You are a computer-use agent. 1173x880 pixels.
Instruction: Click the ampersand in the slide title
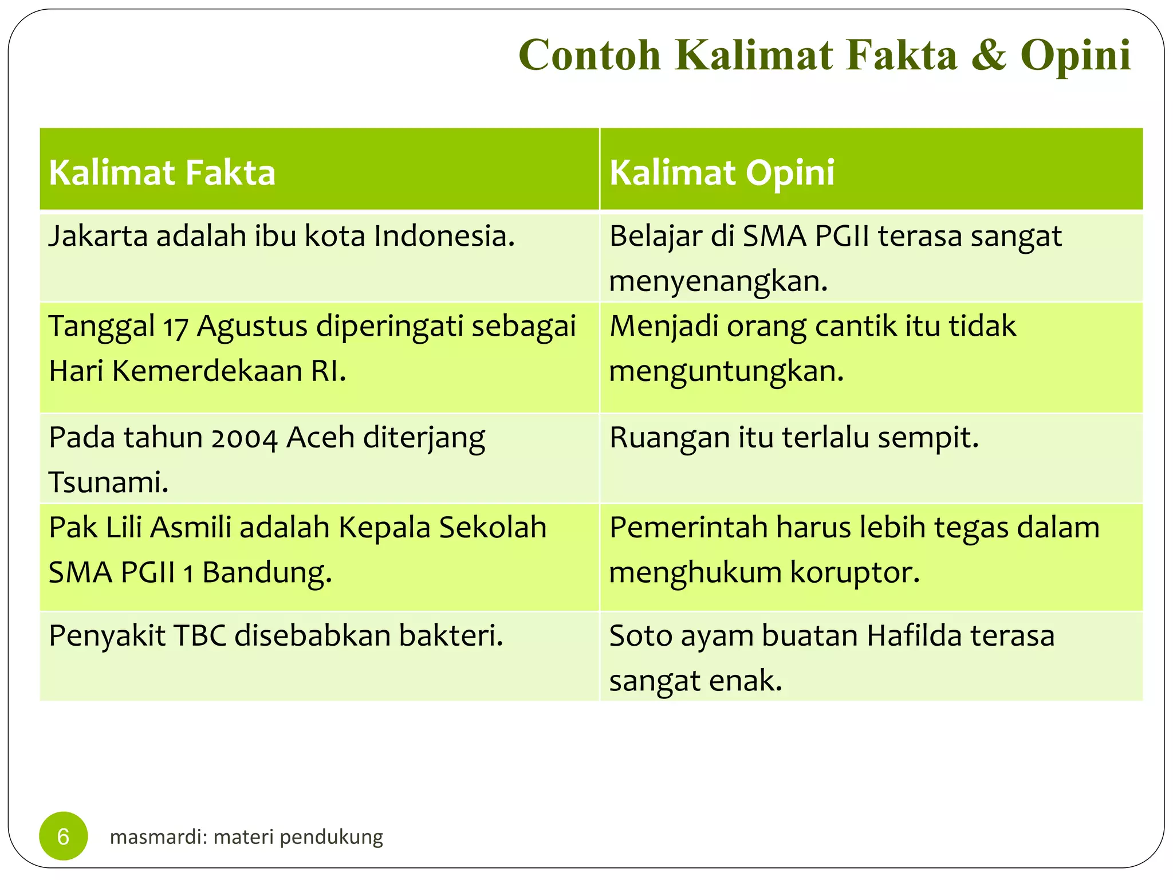click(989, 56)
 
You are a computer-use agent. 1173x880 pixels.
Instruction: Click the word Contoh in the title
click(590, 56)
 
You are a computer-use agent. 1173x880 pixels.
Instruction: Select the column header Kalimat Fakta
click(162, 172)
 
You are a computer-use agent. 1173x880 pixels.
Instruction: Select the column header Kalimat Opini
click(722, 172)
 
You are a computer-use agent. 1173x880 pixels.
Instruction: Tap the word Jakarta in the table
click(98, 237)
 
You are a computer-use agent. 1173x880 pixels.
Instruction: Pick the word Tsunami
click(108, 482)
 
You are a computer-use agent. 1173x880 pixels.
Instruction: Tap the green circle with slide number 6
click(63, 836)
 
